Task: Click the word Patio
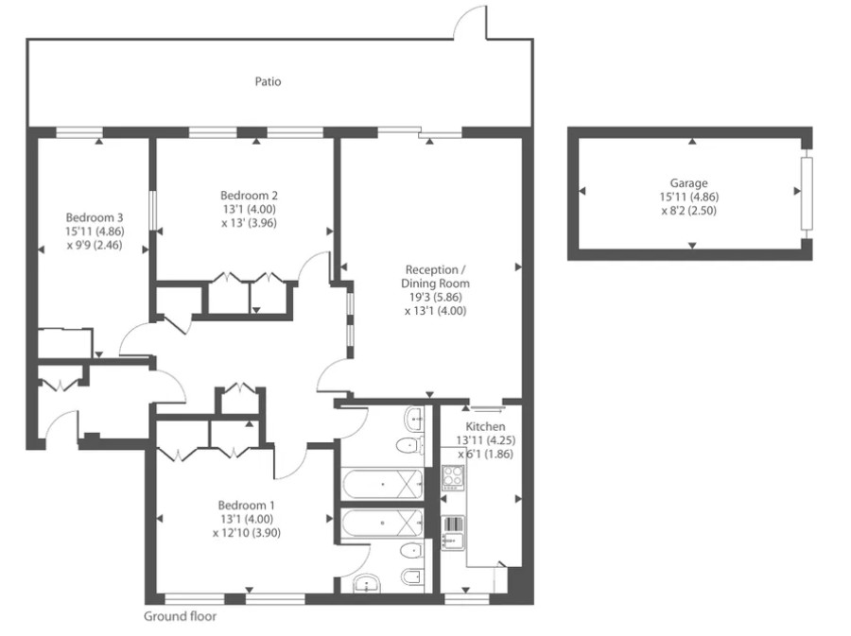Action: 268,81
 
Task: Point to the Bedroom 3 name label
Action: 95,216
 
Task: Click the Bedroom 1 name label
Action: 245,504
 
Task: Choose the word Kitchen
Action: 486,427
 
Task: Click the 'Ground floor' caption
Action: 180,616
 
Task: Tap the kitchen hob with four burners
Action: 452,478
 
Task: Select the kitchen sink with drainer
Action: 452,533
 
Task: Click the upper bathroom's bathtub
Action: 381,485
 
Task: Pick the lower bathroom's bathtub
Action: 381,522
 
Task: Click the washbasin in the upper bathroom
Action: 413,417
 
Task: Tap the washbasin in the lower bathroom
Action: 367,585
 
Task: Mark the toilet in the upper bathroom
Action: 408,445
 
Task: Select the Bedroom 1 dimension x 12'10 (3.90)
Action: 246,532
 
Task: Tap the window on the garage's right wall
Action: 806,194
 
